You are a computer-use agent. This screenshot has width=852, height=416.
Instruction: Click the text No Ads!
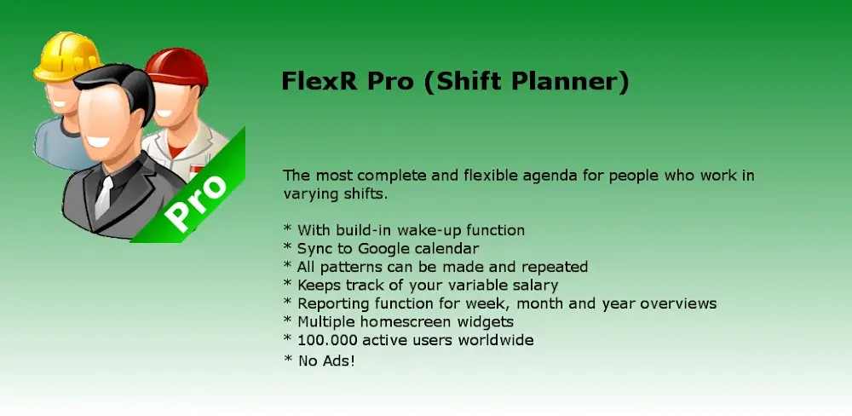click(326, 361)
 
